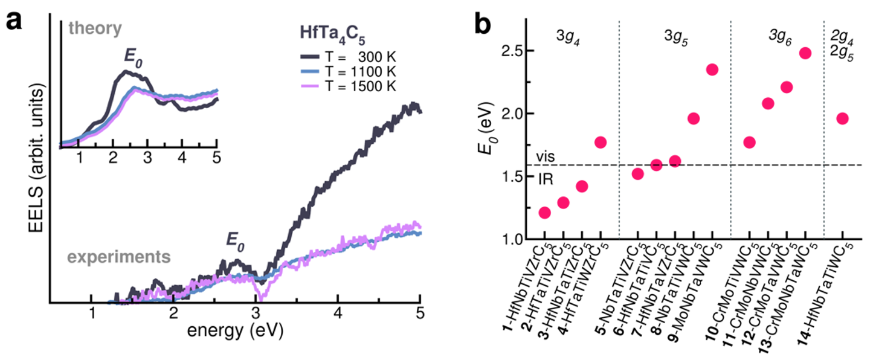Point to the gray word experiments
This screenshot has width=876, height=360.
(118, 257)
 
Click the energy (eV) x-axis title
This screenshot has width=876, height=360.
(237, 332)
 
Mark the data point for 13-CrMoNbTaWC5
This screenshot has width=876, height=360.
(805, 53)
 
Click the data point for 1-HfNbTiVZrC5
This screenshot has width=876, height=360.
(544, 213)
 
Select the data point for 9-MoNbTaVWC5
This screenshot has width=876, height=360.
(712, 69)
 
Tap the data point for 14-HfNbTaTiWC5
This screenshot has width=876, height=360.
(842, 118)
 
